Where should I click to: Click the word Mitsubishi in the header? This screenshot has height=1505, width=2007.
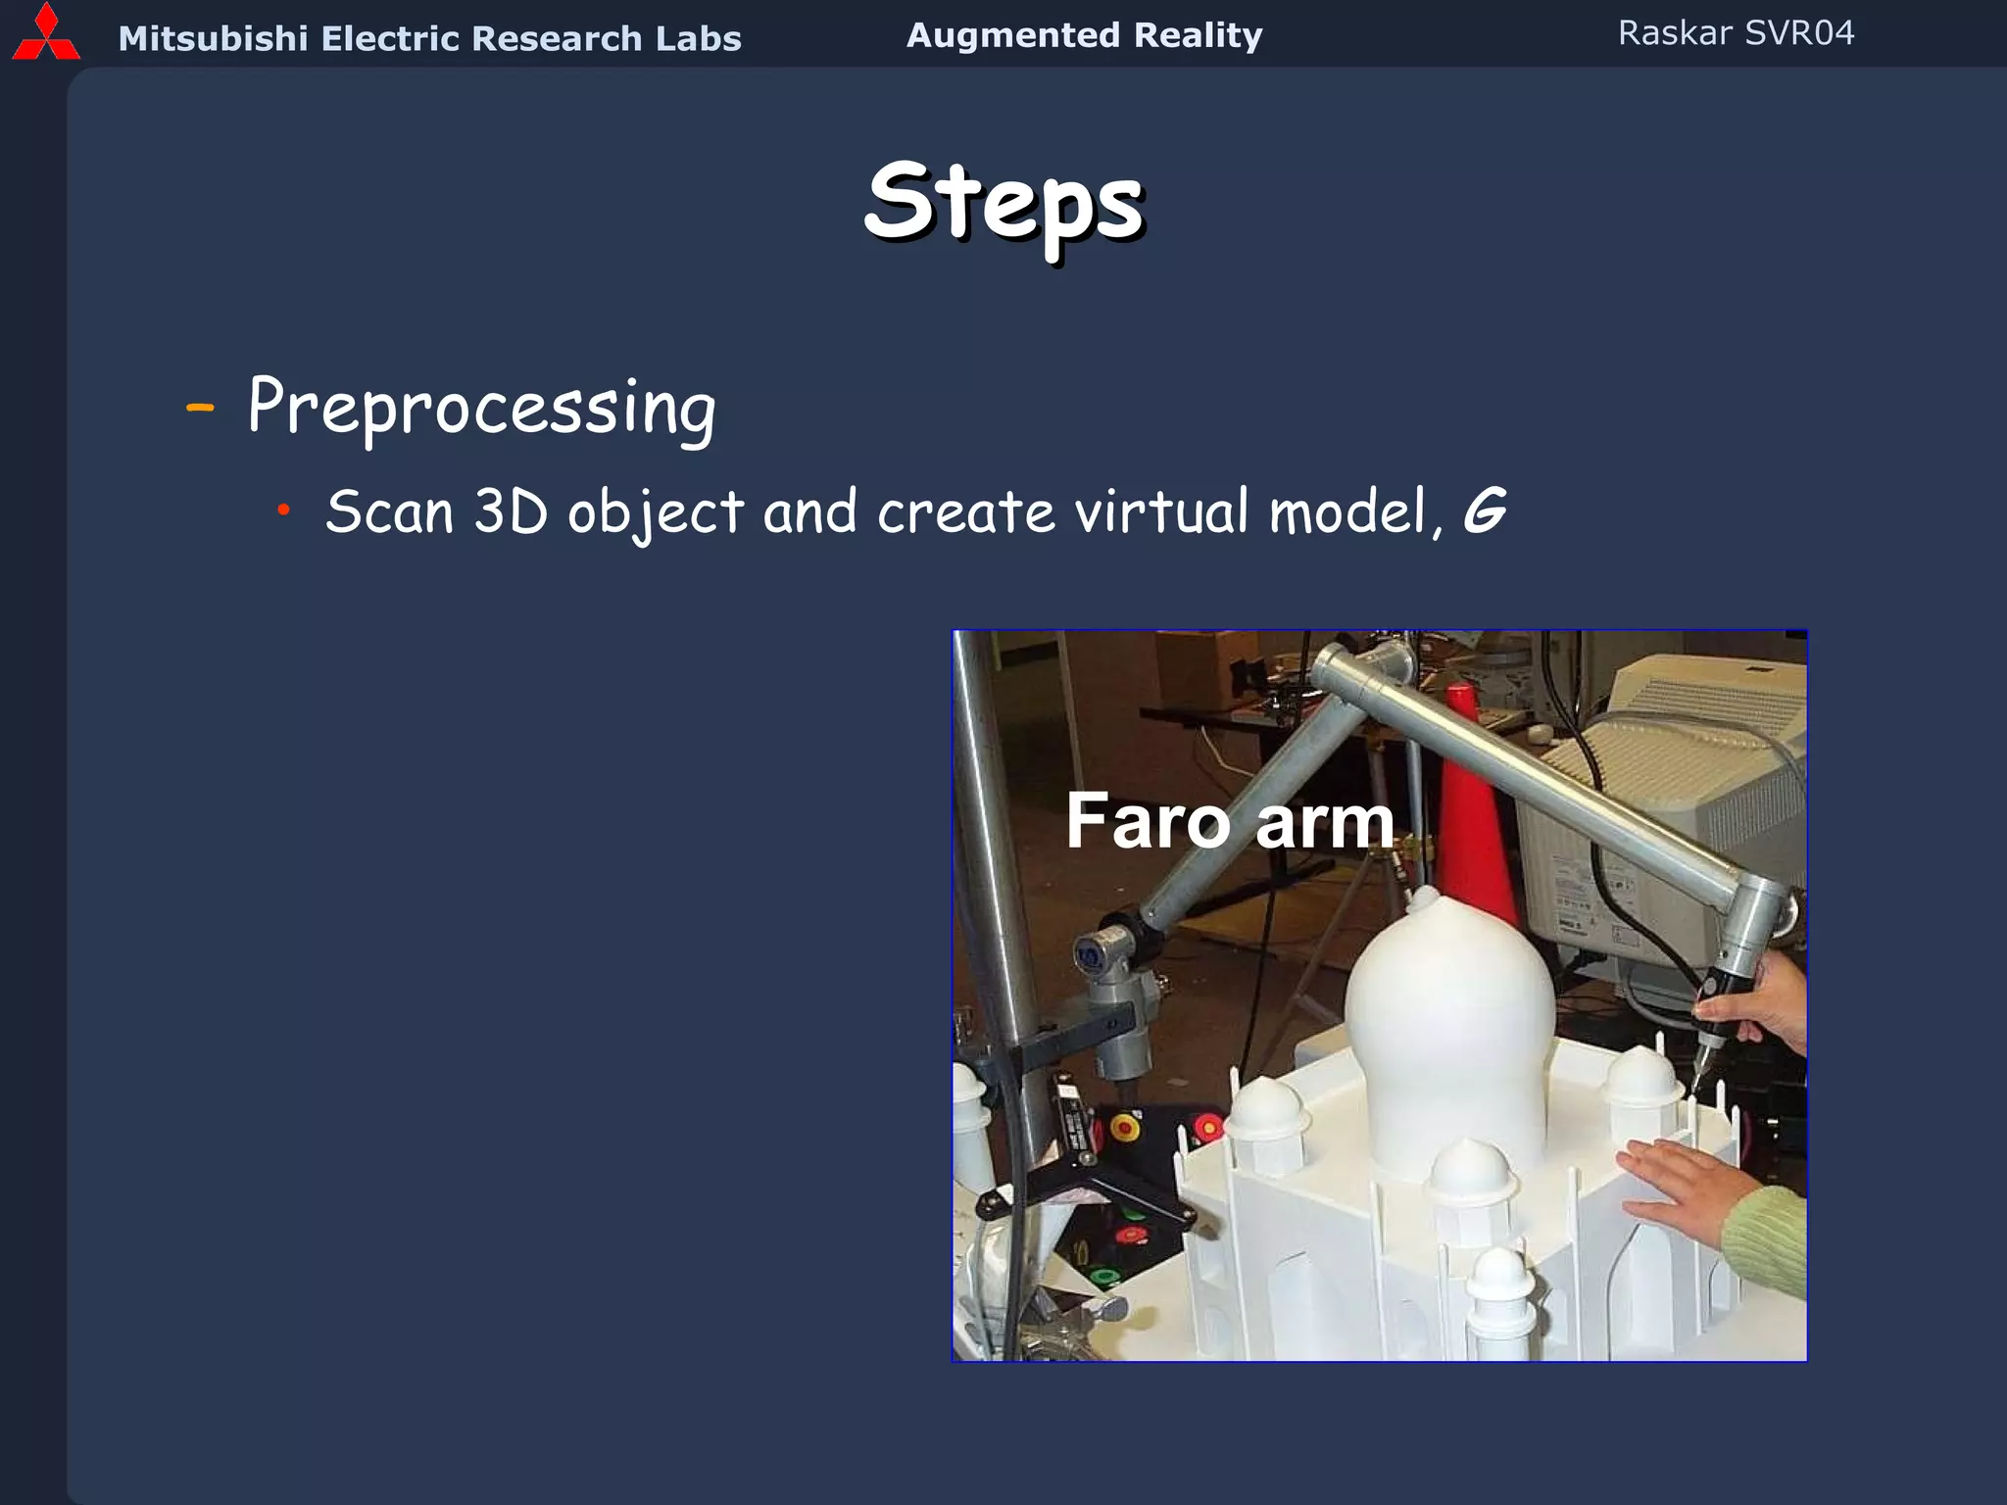[x=213, y=39]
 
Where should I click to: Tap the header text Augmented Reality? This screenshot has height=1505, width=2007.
[x=1084, y=35]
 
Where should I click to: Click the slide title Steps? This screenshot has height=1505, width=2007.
[x=1003, y=203]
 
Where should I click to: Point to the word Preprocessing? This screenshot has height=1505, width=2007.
[x=481, y=408]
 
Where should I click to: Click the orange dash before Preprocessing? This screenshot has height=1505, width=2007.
[x=200, y=406]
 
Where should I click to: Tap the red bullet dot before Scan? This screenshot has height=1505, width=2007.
[x=283, y=509]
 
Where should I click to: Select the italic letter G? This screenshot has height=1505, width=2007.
[x=1484, y=510]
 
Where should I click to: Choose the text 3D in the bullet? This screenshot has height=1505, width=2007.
[x=510, y=511]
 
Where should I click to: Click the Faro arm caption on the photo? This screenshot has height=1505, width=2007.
[x=1229, y=821]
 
